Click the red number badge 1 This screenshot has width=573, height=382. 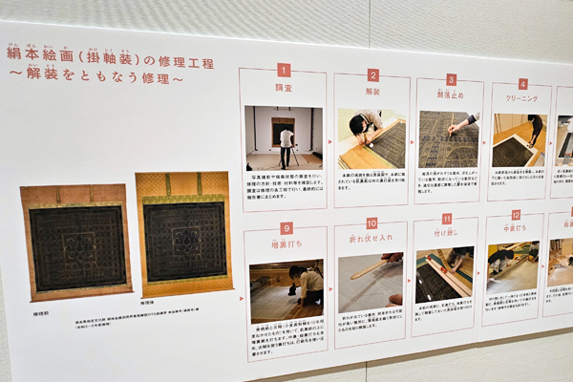284,70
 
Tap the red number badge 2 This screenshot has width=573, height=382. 372,75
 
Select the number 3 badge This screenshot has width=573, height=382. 451,80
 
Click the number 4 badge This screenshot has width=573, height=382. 522,84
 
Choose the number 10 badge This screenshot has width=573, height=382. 371,223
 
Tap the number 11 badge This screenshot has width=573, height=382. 447,219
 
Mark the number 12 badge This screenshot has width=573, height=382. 516,215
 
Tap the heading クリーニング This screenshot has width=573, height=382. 522,97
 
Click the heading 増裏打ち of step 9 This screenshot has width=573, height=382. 286,244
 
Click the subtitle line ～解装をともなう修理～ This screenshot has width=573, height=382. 95,75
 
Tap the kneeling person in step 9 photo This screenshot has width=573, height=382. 308,285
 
